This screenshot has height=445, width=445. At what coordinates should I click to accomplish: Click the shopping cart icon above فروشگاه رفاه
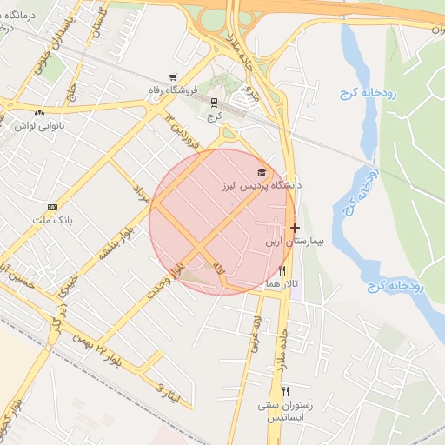(175, 77)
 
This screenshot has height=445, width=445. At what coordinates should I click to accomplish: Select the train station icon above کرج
(214, 102)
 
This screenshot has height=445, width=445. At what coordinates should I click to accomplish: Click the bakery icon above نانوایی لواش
(40, 112)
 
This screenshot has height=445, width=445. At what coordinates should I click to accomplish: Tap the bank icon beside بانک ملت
(53, 207)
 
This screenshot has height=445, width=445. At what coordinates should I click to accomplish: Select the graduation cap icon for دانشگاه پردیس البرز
(262, 173)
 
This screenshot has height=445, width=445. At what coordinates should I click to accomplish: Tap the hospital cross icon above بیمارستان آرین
(295, 228)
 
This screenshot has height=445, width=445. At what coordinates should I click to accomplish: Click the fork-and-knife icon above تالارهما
(282, 271)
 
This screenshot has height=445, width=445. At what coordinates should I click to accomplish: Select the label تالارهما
(283, 284)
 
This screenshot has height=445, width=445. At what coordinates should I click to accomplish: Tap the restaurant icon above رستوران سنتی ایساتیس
(285, 392)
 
